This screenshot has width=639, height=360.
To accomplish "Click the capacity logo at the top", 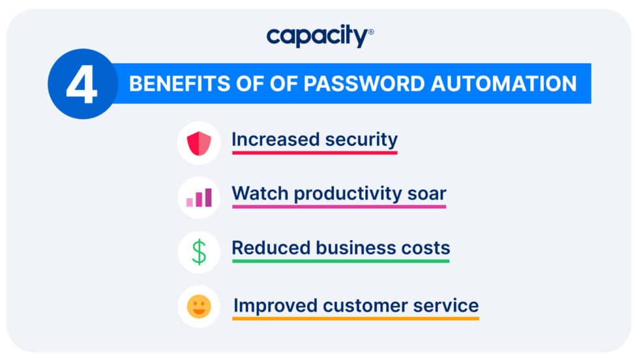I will click(x=318, y=37).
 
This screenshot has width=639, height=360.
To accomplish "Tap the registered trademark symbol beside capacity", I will click(x=371, y=32).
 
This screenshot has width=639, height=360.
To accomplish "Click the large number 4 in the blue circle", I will click(x=81, y=85).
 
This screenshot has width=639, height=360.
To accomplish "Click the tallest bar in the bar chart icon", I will click(x=208, y=198).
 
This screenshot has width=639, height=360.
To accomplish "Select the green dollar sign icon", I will click(x=199, y=252).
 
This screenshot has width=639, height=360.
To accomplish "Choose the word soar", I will click(x=428, y=194).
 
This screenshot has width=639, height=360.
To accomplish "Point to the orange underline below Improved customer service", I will click(x=355, y=318).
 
